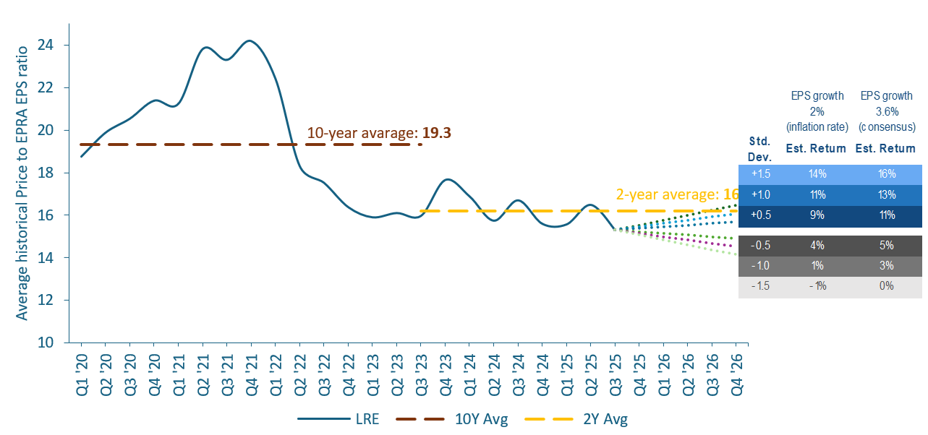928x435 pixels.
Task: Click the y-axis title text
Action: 22,182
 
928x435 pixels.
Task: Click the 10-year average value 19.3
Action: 437,134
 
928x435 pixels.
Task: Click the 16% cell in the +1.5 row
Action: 886,174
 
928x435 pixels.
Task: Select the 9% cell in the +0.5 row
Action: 817,215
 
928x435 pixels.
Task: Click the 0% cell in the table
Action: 886,286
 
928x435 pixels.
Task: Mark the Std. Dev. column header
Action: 759,148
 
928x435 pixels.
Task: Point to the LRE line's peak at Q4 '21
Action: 250,40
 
